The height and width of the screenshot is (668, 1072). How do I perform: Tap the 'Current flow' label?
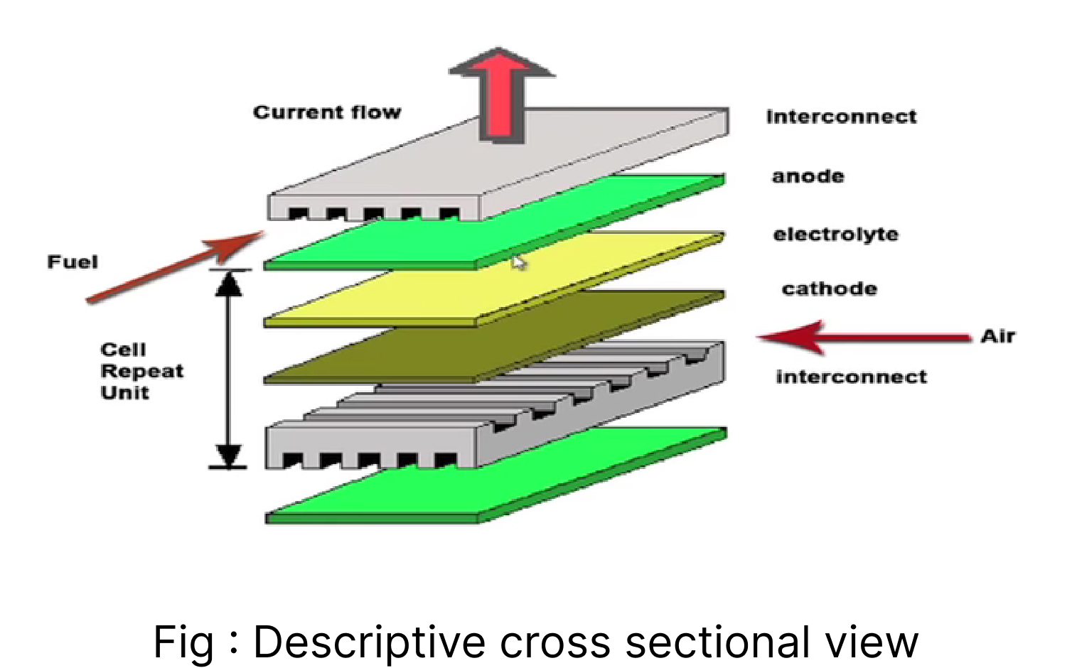pyautogui.click(x=327, y=112)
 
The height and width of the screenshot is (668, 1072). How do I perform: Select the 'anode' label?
pyautogui.click(x=808, y=176)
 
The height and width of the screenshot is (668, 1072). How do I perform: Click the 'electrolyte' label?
pyautogui.click(x=835, y=235)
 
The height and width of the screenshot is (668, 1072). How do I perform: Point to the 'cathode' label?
pyautogui.click(x=829, y=289)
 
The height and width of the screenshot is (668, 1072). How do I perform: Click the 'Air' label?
pyautogui.click(x=998, y=336)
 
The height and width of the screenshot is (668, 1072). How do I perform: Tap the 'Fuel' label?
pyautogui.click(x=73, y=262)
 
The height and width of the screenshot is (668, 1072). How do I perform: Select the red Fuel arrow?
pyautogui.click(x=174, y=266)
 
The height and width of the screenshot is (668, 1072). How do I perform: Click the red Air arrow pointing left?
pyautogui.click(x=864, y=337)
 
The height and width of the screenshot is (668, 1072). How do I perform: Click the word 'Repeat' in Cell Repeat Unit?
pyautogui.click(x=142, y=371)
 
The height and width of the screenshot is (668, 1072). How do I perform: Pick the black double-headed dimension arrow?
pyautogui.click(x=228, y=370)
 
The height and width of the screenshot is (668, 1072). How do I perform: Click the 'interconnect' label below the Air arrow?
pyautogui.click(x=851, y=377)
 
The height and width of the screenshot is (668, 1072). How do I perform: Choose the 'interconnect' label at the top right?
pyautogui.click(x=841, y=117)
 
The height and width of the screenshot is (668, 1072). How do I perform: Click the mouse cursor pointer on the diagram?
pyautogui.click(x=520, y=263)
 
